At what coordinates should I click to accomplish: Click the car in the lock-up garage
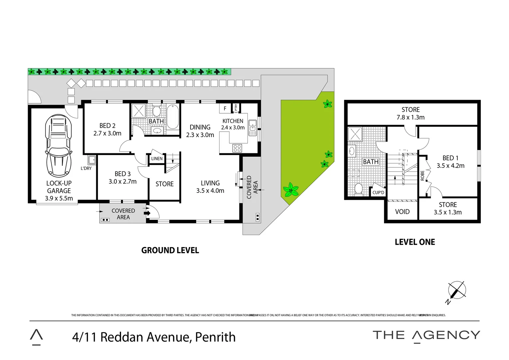click(59, 146)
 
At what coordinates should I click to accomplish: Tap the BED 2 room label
click(107, 129)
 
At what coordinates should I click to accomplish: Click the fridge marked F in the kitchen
click(225, 108)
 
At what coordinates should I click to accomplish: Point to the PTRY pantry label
click(236, 108)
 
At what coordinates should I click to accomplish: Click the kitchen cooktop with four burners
click(237, 148)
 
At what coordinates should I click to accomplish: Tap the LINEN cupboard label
click(157, 159)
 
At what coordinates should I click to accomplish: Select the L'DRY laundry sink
click(92, 160)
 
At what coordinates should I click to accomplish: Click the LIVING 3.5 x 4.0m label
click(210, 187)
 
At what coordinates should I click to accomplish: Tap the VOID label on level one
click(402, 212)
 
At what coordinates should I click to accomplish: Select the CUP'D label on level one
click(378, 192)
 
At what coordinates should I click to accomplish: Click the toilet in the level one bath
click(358, 189)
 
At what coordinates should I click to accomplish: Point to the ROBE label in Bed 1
click(422, 176)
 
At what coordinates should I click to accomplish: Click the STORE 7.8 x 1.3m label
click(410, 113)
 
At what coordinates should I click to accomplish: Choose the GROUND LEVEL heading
click(170, 250)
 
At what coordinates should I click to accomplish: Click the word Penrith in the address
click(215, 337)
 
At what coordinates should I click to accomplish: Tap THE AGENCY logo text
click(426, 335)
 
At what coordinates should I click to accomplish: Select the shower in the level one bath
click(355, 134)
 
